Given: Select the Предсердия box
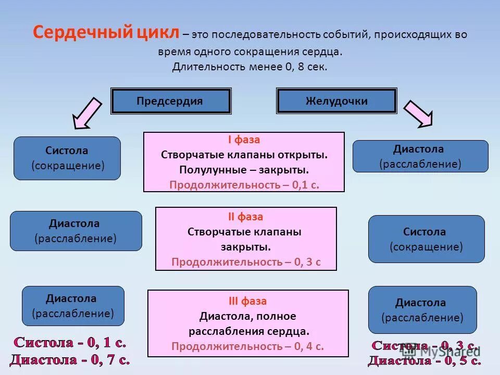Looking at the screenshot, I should (170, 101).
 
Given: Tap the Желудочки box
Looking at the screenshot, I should (336, 101).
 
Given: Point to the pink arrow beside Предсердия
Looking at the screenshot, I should (87, 113).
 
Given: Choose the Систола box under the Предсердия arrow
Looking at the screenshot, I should (67, 158).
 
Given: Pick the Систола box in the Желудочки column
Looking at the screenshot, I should (426, 239).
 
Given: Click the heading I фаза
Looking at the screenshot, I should (244, 140).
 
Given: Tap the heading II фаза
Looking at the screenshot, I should (246, 217).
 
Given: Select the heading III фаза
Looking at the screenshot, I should (247, 301).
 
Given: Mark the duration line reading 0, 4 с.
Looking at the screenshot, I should (247, 346).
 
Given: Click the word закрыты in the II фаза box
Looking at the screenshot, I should (246, 247).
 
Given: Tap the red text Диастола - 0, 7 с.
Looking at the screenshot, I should (69, 359).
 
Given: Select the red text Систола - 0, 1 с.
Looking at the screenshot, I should (69, 343).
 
